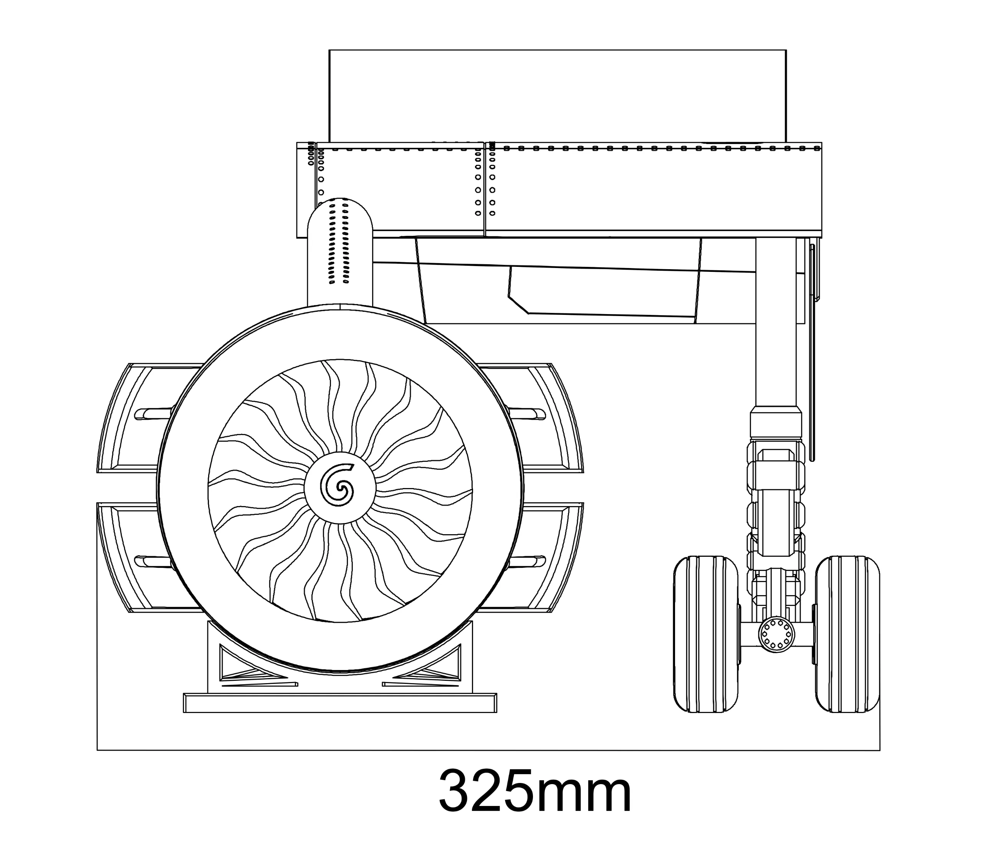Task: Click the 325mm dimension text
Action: (x=535, y=790)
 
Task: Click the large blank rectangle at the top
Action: (x=558, y=96)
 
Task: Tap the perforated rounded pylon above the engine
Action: (x=340, y=252)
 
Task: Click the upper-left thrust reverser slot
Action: (x=154, y=414)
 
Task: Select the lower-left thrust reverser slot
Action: (x=154, y=561)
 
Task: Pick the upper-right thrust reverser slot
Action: (x=526, y=414)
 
